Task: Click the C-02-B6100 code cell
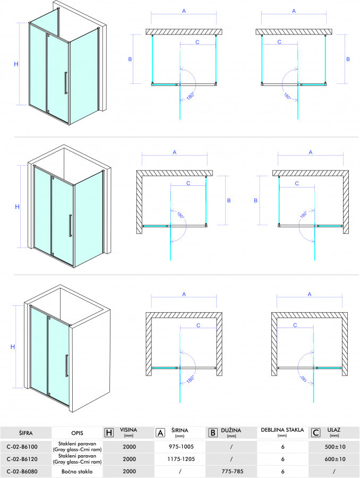click(22, 447)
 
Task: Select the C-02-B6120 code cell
click(22, 459)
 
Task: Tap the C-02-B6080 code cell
click(22, 471)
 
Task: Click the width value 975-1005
click(181, 447)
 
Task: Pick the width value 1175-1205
click(181, 459)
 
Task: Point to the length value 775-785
click(232, 471)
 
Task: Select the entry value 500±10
click(335, 447)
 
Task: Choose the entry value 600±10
click(335, 459)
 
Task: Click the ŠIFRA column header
click(25, 433)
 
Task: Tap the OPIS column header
click(77, 433)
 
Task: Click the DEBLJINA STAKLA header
click(282, 430)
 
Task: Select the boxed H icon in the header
click(109, 432)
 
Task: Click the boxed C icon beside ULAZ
click(315, 432)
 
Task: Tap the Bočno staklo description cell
click(77, 471)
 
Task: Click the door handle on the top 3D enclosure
click(65, 83)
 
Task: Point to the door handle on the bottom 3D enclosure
click(66, 365)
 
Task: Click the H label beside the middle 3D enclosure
click(17, 207)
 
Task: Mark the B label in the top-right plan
click(348, 59)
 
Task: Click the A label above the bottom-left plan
click(184, 294)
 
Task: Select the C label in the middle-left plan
click(188, 183)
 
